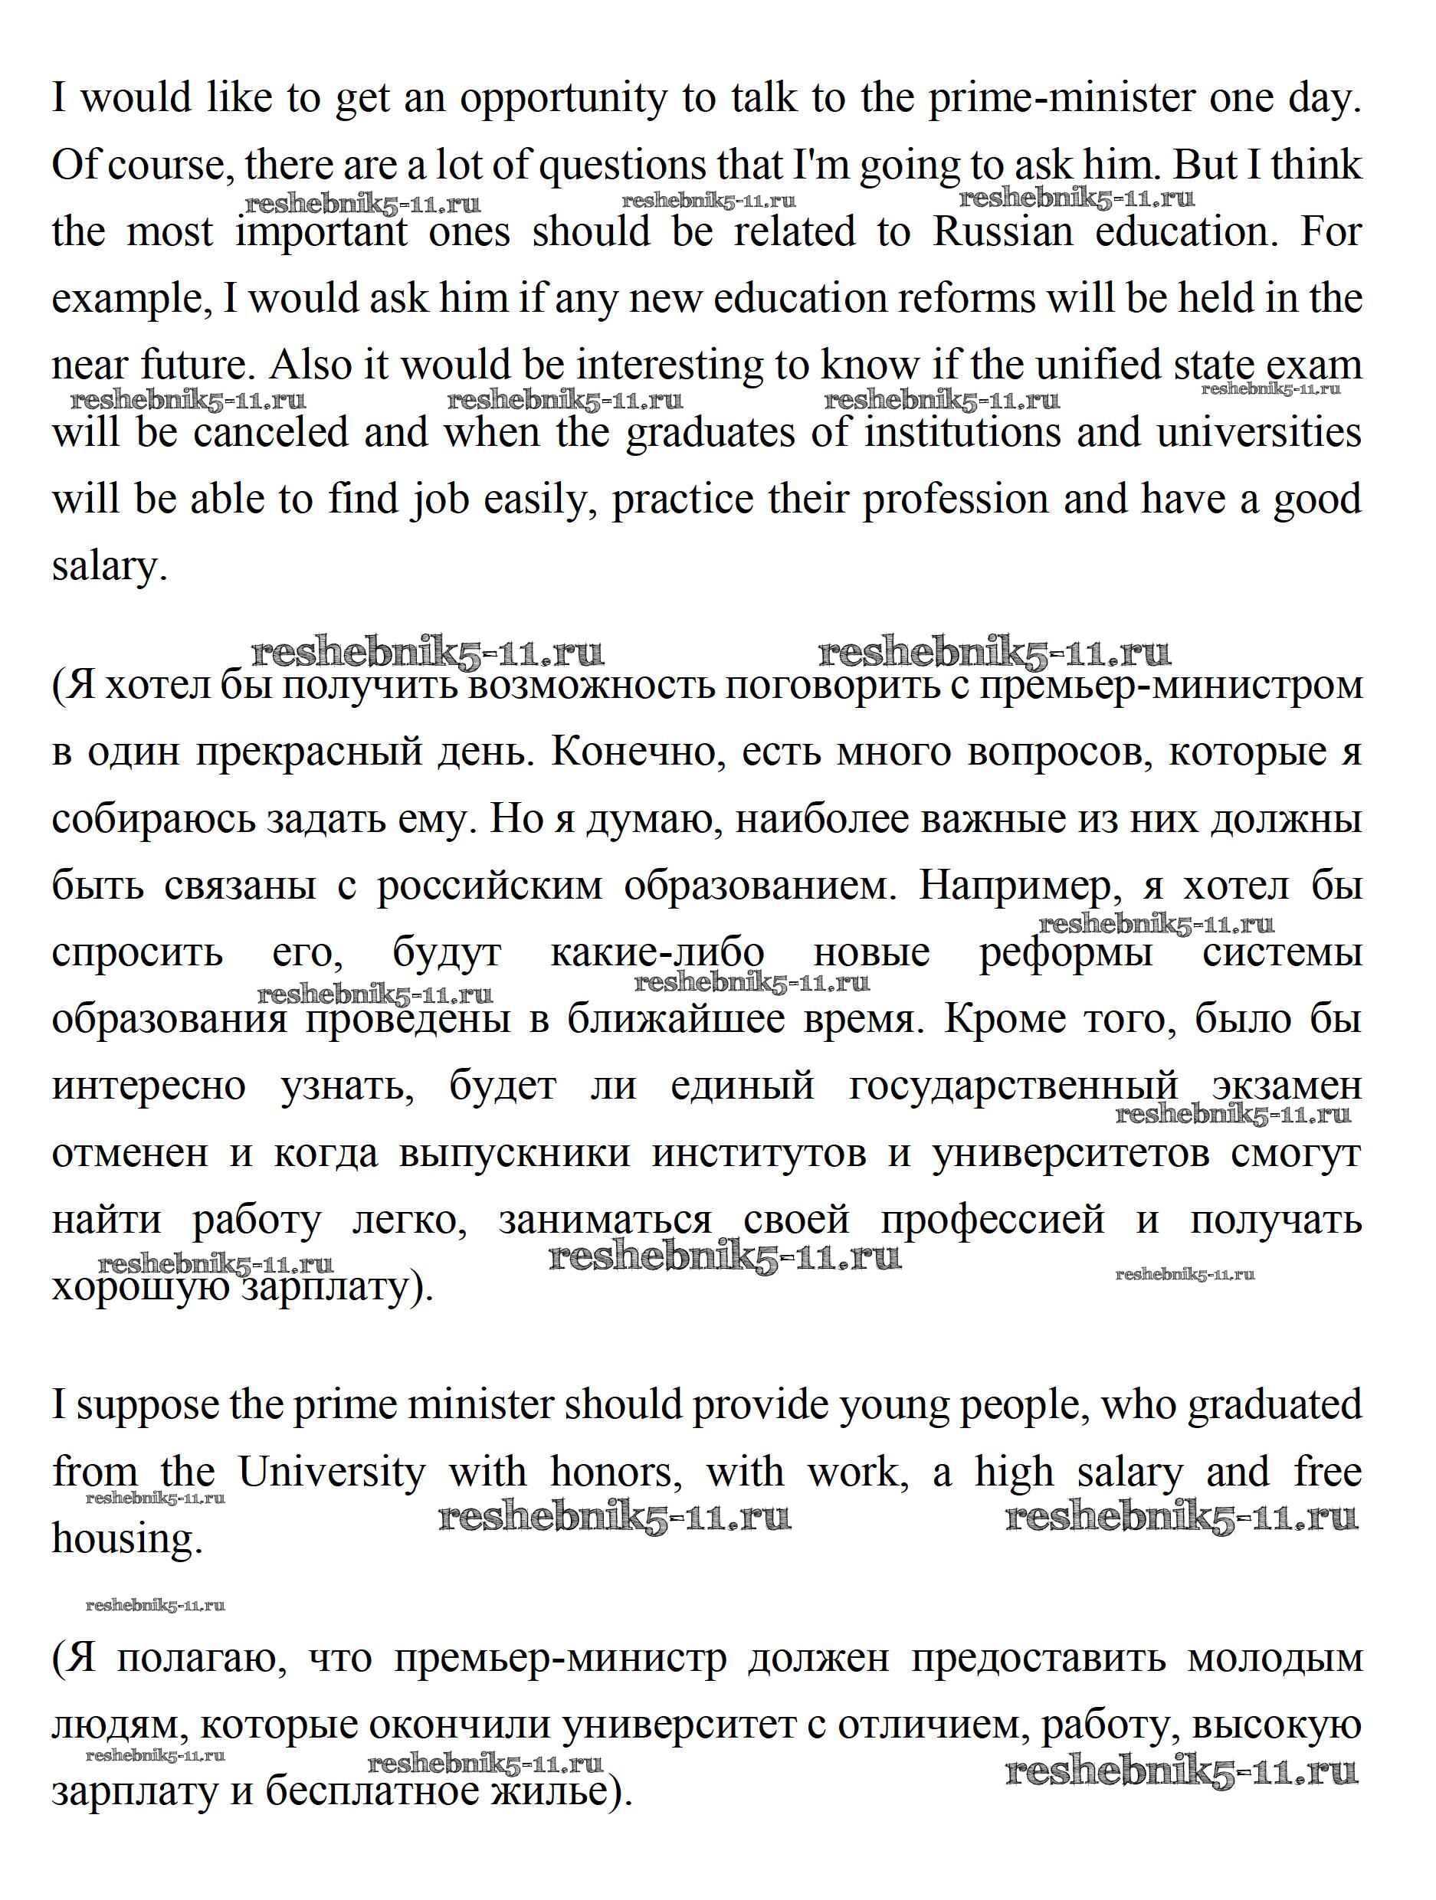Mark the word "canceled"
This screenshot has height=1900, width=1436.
(267, 432)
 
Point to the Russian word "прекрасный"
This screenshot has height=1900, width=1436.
(305, 752)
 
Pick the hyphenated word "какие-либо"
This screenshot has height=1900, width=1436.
(657, 952)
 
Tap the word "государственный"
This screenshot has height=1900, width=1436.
(1013, 1086)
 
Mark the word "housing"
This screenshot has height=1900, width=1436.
(126, 1540)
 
